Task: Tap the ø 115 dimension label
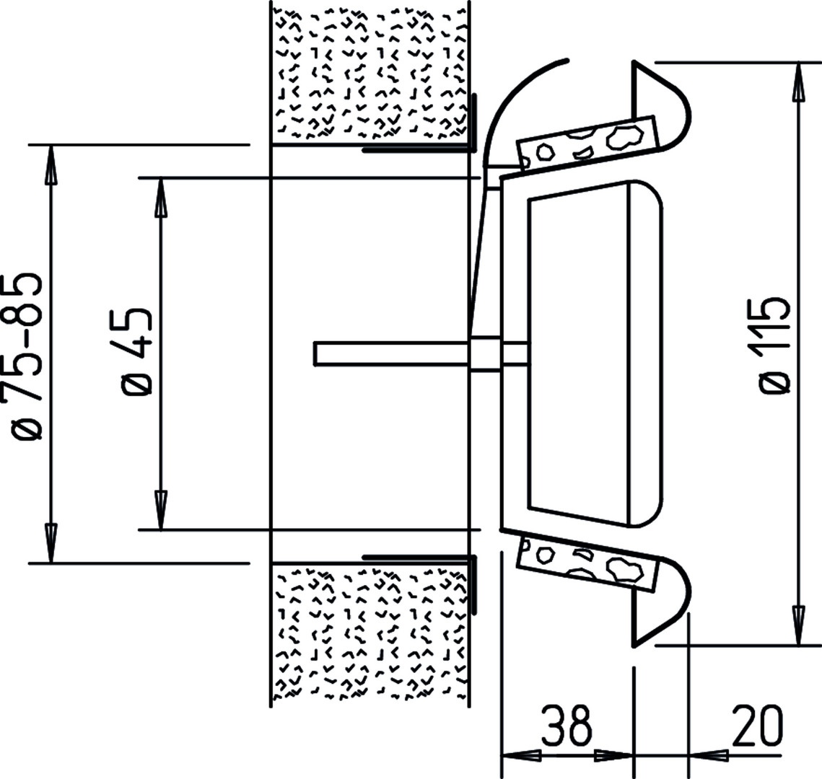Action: click(x=774, y=345)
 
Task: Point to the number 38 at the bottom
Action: click(x=567, y=726)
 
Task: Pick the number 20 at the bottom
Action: click(x=757, y=726)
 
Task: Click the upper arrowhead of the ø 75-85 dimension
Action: click(x=51, y=164)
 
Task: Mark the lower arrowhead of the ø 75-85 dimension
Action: click(x=51, y=542)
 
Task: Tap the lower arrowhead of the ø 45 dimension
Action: click(x=162, y=510)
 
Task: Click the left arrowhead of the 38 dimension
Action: click(x=522, y=755)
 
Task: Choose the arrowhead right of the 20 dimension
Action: click(x=708, y=755)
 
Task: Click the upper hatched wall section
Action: click(x=369, y=74)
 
